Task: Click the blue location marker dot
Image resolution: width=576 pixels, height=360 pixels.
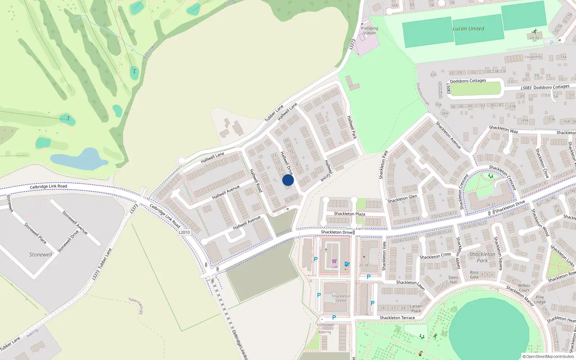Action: point(288,180)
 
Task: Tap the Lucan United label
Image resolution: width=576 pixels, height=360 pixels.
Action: point(468,29)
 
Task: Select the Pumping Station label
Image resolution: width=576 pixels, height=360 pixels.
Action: point(369,31)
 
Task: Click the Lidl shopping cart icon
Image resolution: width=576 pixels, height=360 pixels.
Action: point(334,261)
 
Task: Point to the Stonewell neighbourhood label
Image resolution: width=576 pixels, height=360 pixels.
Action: point(41,255)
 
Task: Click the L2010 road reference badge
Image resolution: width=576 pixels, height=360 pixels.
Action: point(184,232)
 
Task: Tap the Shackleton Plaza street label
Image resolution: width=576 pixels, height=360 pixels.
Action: point(349,214)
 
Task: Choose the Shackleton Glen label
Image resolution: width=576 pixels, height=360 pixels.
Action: point(402,199)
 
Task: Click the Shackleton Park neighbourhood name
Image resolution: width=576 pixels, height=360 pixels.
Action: point(482,257)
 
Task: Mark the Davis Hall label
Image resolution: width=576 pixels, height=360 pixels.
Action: point(454,280)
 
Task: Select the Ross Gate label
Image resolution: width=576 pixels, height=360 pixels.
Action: point(474,275)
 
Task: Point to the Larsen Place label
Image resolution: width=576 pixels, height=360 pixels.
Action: point(416,309)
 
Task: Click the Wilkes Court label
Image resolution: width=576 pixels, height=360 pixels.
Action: point(524,288)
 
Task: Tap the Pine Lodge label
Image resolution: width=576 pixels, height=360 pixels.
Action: point(540,300)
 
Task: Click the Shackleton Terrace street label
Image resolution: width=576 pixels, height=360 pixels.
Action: point(397,318)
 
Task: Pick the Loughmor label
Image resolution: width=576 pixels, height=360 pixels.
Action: point(533,57)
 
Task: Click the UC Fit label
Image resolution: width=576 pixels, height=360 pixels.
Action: point(535,38)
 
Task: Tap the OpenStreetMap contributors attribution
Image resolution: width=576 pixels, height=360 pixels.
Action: point(548,357)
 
